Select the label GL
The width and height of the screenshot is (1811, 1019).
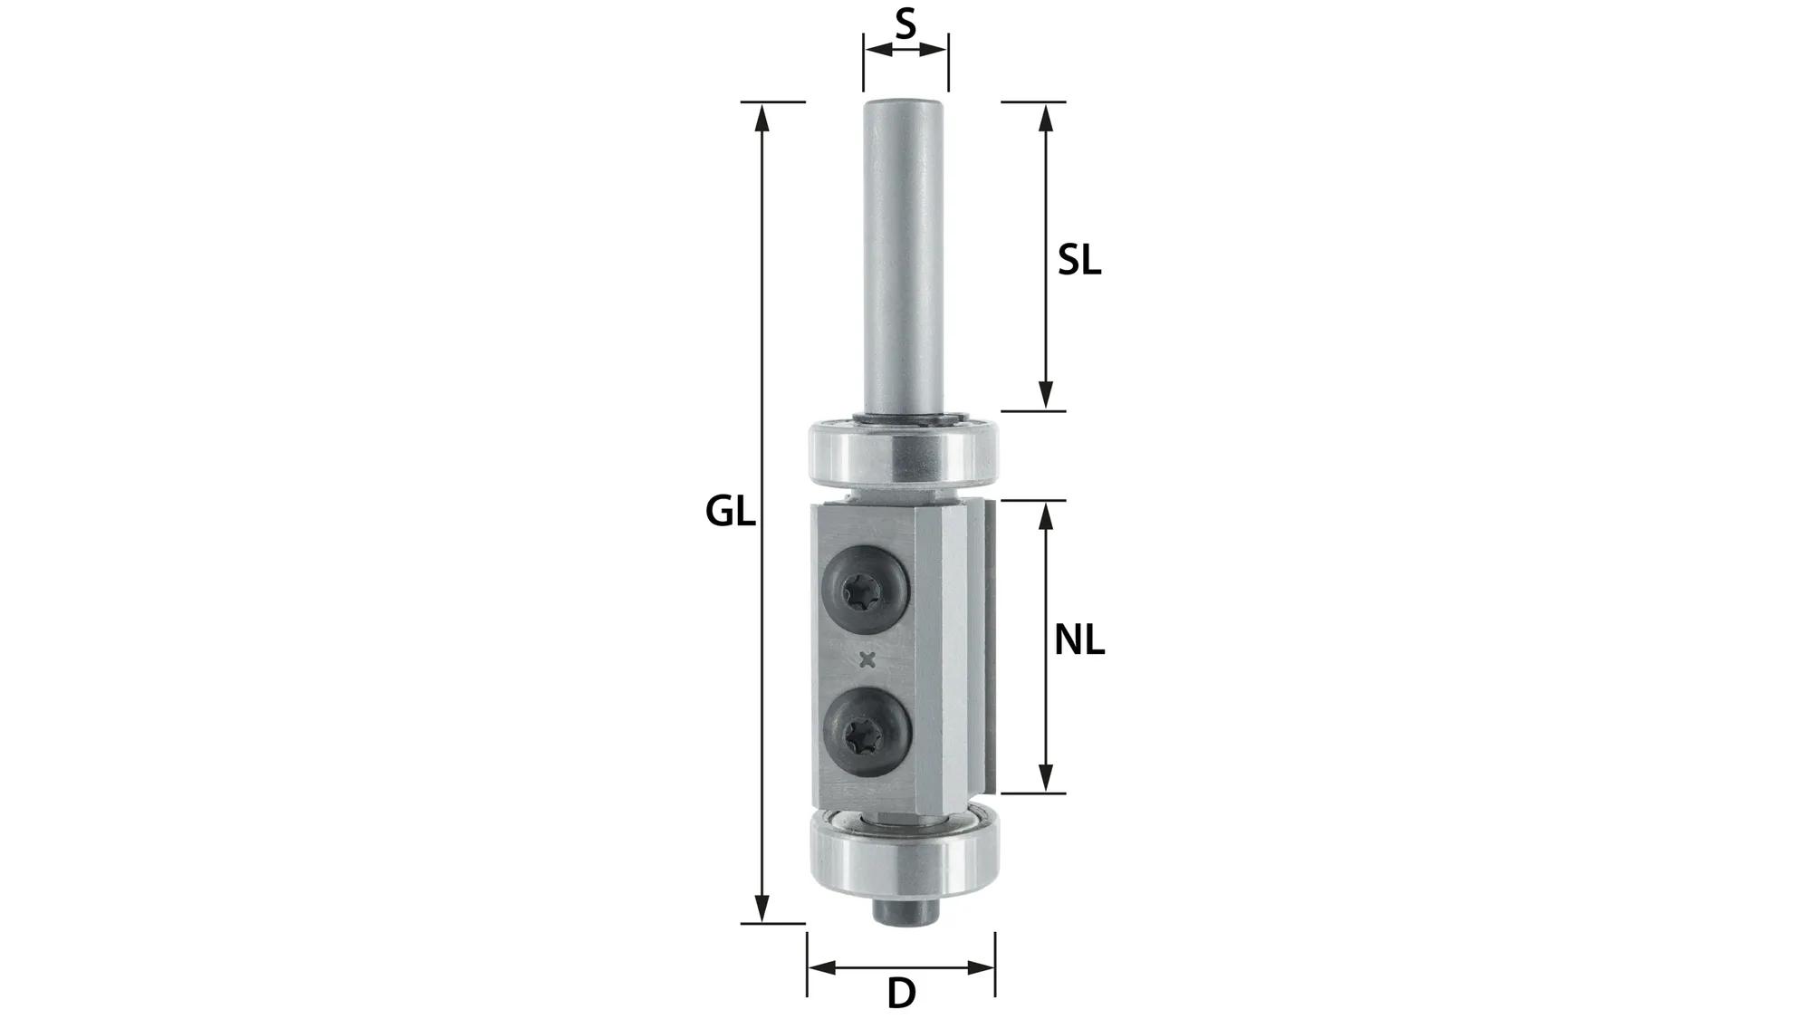[x=730, y=513]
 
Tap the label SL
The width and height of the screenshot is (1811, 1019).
[x=1079, y=262]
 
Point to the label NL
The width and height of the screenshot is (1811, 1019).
[x=1079, y=641]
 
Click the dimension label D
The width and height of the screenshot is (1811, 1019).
[x=901, y=994]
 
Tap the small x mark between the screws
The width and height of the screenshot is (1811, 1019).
[x=867, y=660]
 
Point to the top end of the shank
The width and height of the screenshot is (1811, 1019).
[x=905, y=105]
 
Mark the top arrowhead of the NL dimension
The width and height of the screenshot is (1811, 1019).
[x=1046, y=514]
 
